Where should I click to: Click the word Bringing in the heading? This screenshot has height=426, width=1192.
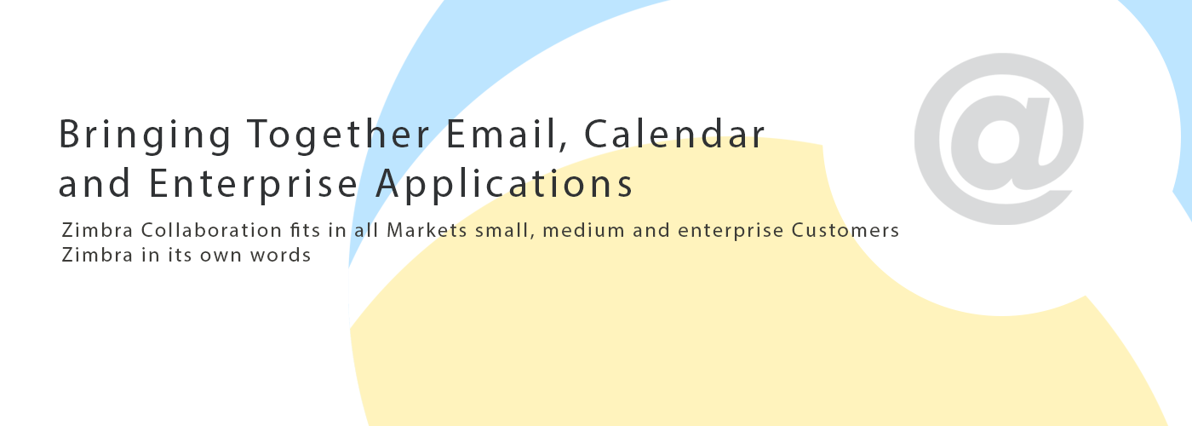point(145,135)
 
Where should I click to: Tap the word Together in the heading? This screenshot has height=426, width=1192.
point(338,135)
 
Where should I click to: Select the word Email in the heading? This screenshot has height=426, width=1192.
point(501,133)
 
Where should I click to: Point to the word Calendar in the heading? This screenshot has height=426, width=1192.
point(674,133)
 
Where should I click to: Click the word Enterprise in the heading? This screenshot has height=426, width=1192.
point(254,185)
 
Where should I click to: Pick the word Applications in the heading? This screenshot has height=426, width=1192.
point(504,184)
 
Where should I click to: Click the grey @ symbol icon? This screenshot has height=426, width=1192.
point(999,138)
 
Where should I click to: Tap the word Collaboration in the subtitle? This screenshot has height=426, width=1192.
point(211,231)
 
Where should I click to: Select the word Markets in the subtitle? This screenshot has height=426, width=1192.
point(427,231)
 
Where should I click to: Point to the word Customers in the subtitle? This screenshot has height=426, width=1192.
point(845,231)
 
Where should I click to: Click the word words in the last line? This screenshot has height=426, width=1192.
point(280,255)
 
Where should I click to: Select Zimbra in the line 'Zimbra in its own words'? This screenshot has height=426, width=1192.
point(97,255)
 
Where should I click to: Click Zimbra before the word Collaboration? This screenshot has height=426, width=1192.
point(97,231)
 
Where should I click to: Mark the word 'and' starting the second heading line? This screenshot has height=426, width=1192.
point(95,184)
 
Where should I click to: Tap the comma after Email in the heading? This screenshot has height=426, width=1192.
point(564,145)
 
